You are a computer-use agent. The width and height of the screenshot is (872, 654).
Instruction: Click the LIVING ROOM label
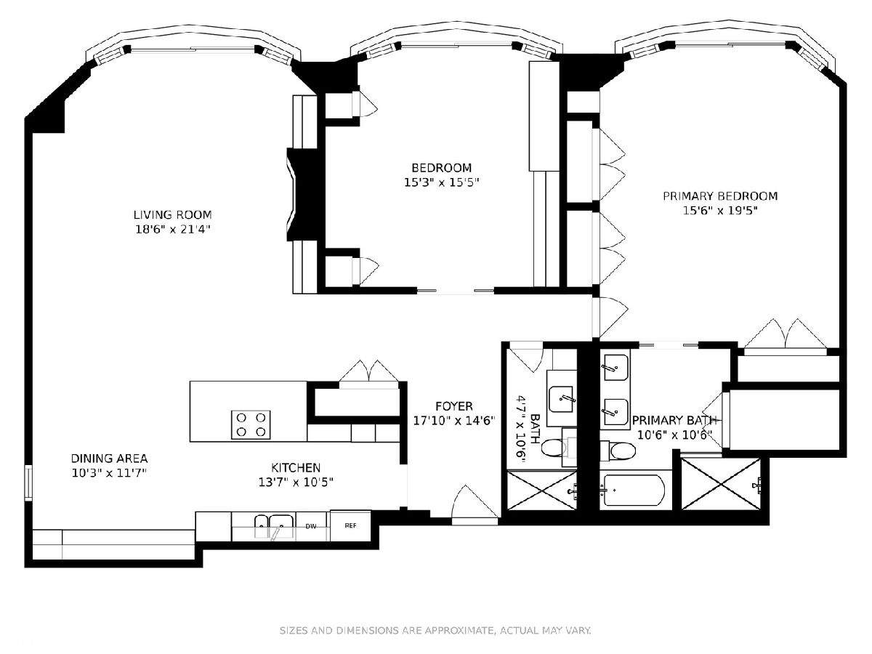[x=172, y=215]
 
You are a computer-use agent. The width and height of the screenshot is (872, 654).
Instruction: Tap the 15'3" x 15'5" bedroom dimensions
[x=441, y=182]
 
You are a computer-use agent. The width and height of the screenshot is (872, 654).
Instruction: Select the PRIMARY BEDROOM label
[x=720, y=196]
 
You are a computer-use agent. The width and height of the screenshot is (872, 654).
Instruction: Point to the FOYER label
[x=454, y=406]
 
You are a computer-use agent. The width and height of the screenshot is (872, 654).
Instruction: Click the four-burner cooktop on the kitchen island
[x=251, y=425]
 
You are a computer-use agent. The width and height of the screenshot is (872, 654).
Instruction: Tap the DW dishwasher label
[x=311, y=527]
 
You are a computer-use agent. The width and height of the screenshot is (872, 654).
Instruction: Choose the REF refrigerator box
[x=350, y=525]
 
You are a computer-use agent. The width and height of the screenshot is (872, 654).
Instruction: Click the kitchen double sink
[x=274, y=527]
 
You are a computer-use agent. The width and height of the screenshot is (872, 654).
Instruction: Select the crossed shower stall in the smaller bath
[x=542, y=490]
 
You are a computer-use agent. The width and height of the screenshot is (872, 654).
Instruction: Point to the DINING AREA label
[x=109, y=459]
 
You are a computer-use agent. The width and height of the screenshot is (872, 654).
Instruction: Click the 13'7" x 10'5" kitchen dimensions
[x=296, y=482]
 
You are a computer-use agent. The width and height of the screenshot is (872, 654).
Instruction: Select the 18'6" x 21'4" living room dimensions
[x=172, y=229]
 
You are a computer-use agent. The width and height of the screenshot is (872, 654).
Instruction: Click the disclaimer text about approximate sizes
[x=435, y=630]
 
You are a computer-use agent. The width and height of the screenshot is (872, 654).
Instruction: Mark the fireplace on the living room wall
[x=302, y=194]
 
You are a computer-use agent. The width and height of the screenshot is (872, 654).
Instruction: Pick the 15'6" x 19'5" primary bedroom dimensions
[x=720, y=211]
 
